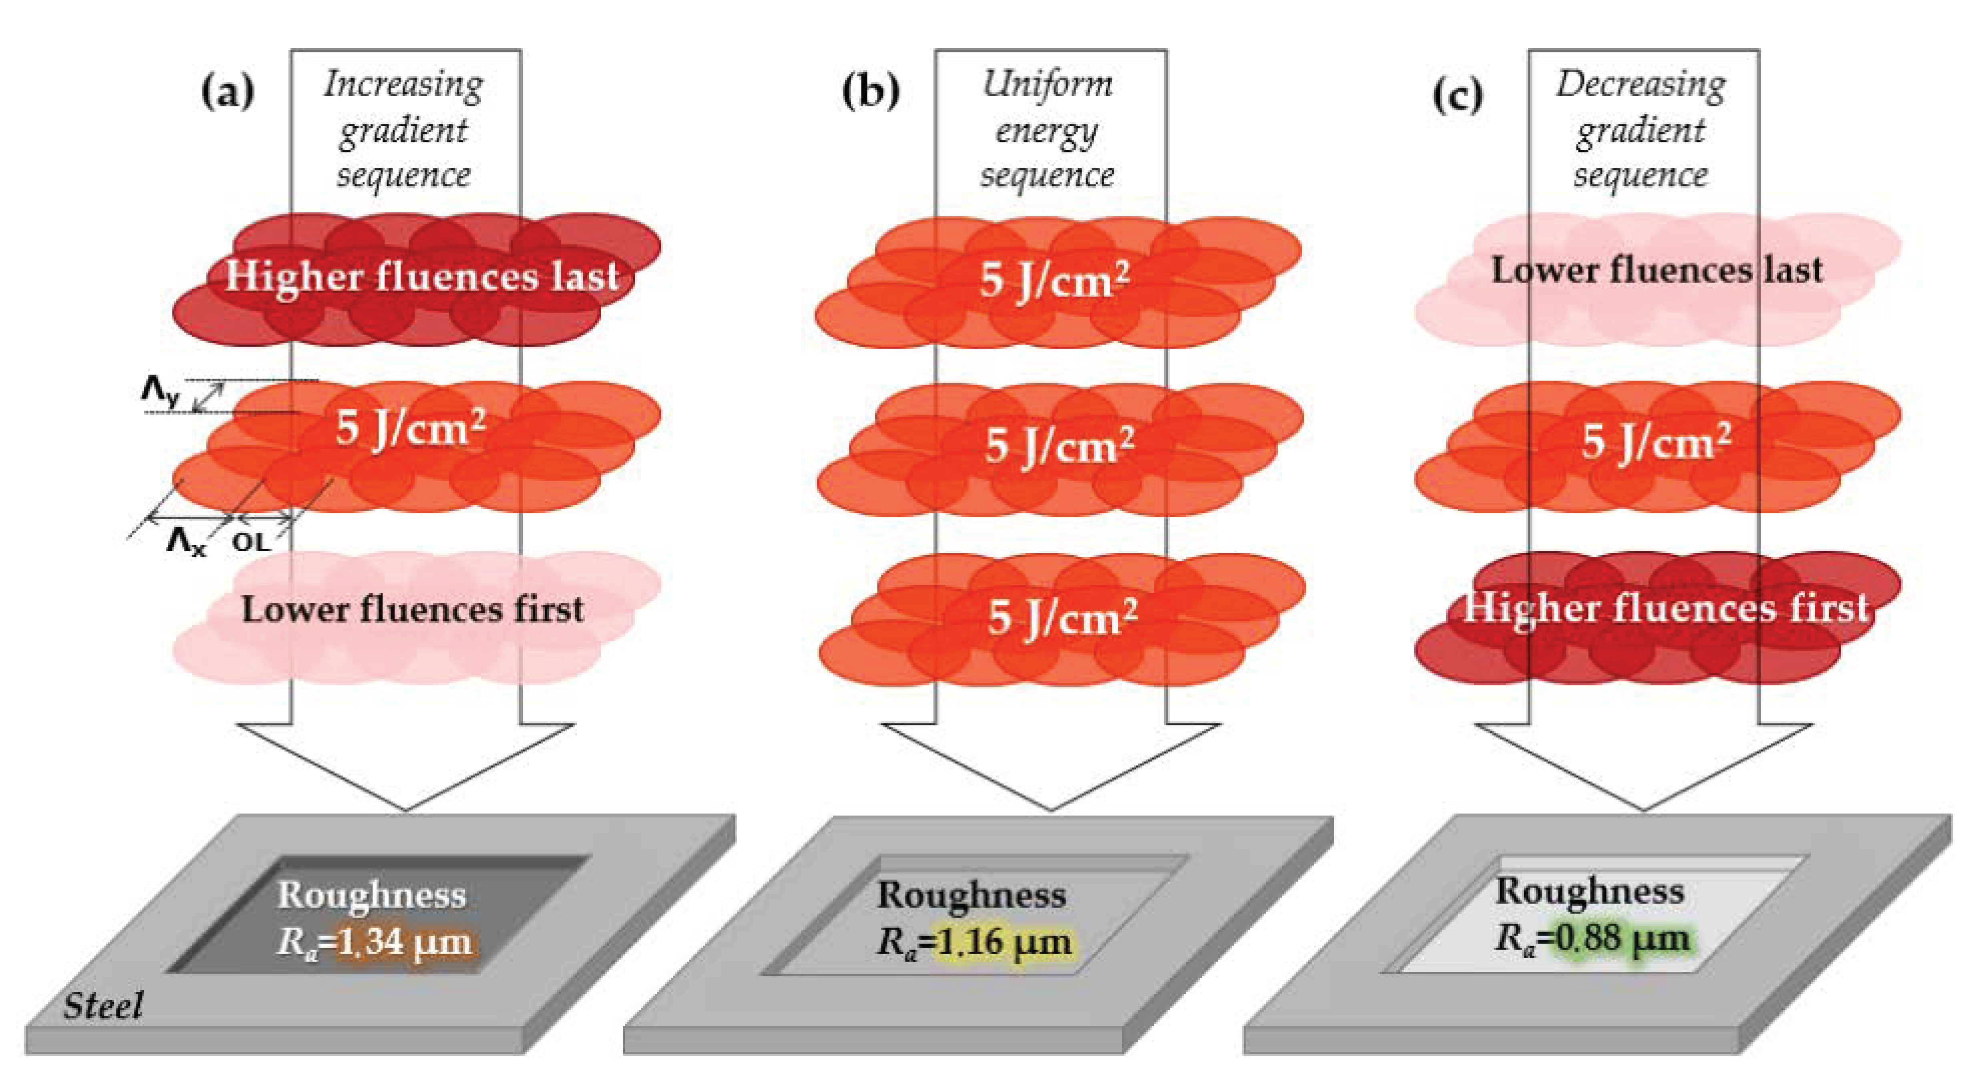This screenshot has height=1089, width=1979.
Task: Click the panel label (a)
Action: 228,93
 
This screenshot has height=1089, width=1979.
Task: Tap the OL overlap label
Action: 251,542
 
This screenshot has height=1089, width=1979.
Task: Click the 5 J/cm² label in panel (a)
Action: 410,428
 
